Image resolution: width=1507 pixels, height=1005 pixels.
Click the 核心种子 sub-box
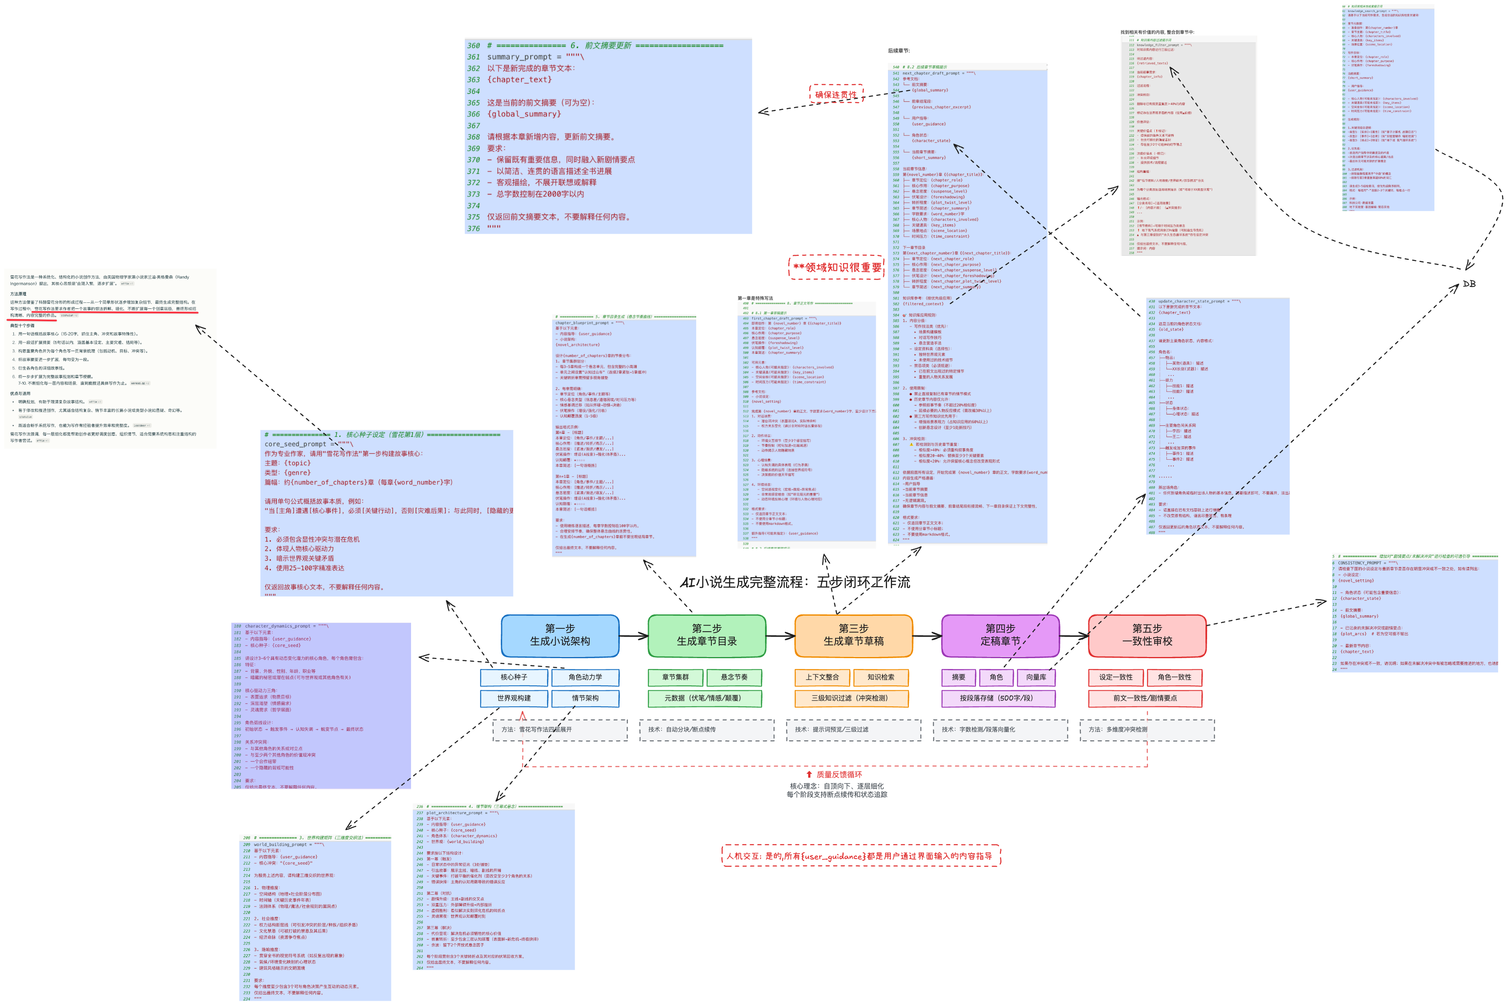(x=514, y=677)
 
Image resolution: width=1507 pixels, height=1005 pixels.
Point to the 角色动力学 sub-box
(x=585, y=677)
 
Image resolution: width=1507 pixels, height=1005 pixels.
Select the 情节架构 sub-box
(x=585, y=698)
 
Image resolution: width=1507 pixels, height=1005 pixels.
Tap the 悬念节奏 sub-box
(x=734, y=677)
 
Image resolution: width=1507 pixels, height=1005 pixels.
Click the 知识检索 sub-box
(x=880, y=677)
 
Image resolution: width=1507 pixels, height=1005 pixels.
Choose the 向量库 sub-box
(x=1036, y=677)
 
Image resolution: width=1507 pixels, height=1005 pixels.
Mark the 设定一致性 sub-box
(x=1116, y=677)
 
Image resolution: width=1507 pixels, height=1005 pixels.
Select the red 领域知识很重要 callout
(x=836, y=267)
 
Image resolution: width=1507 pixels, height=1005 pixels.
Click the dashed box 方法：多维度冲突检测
(x=1147, y=729)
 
